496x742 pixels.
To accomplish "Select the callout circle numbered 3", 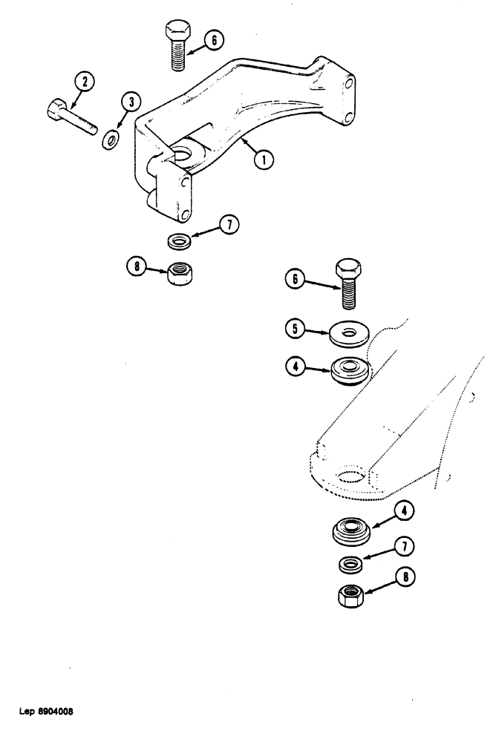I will pyautogui.click(x=132, y=103).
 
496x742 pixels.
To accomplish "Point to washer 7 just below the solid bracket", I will pyautogui.click(x=177, y=241).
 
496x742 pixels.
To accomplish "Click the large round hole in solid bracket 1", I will pyautogui.click(x=183, y=154).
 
